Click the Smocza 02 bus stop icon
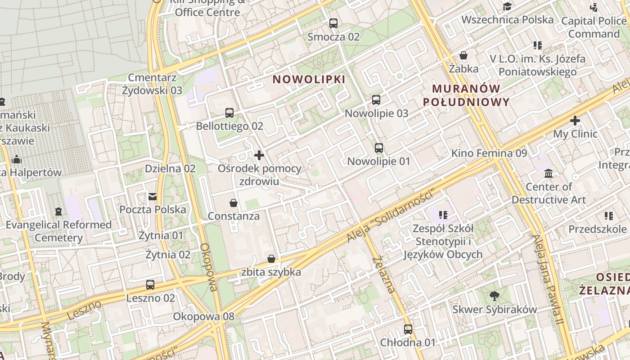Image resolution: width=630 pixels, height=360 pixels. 333,23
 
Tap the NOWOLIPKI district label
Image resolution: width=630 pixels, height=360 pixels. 309,80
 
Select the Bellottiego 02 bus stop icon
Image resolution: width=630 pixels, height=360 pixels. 229,113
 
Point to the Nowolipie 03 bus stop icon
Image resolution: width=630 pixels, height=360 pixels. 376,100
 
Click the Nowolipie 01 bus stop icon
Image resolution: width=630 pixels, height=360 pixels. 379,148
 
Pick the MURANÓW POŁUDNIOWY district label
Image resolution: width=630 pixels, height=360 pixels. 467,95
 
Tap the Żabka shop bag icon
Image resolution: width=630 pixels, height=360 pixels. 463,56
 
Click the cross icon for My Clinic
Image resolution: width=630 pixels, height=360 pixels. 575,121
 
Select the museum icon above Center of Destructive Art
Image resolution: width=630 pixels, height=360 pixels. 549,173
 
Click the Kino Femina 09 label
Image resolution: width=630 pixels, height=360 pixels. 489,153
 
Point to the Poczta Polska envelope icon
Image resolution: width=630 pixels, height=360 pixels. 153,197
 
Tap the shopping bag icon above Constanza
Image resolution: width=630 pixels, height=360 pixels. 234,203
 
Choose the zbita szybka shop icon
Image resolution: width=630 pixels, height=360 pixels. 271,259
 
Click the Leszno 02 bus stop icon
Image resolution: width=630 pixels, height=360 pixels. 150,285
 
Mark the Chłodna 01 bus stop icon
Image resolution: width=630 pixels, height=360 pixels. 408,329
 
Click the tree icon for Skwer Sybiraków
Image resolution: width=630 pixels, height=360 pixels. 495,296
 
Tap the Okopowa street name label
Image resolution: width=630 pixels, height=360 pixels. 209,267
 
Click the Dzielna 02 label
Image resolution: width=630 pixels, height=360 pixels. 170,169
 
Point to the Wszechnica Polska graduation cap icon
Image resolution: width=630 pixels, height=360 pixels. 508,6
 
